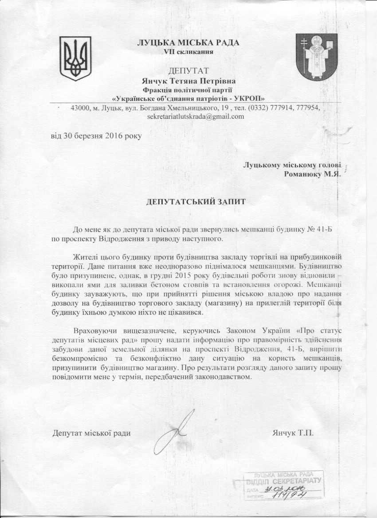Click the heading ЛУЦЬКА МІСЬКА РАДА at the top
point(188,43)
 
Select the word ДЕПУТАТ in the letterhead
point(188,71)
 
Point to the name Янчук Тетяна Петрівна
point(188,81)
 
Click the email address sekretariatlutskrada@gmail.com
point(196,116)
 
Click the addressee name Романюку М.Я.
point(312,174)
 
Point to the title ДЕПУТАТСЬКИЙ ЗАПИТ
point(196,201)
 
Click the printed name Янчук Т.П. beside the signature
point(293,432)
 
